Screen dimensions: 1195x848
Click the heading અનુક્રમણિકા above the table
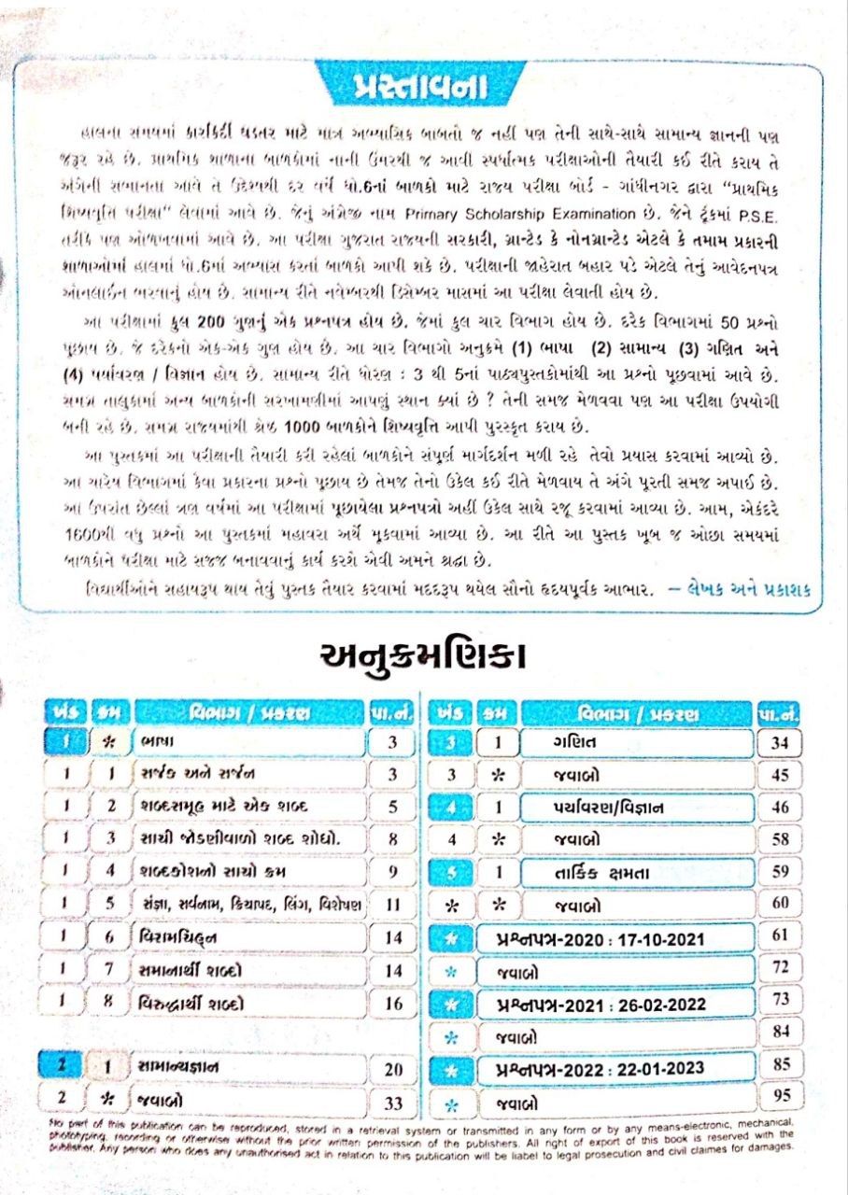[x=423, y=654]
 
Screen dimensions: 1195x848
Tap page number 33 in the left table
[x=394, y=1103]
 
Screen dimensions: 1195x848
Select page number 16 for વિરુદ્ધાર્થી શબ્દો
[x=394, y=1004]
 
